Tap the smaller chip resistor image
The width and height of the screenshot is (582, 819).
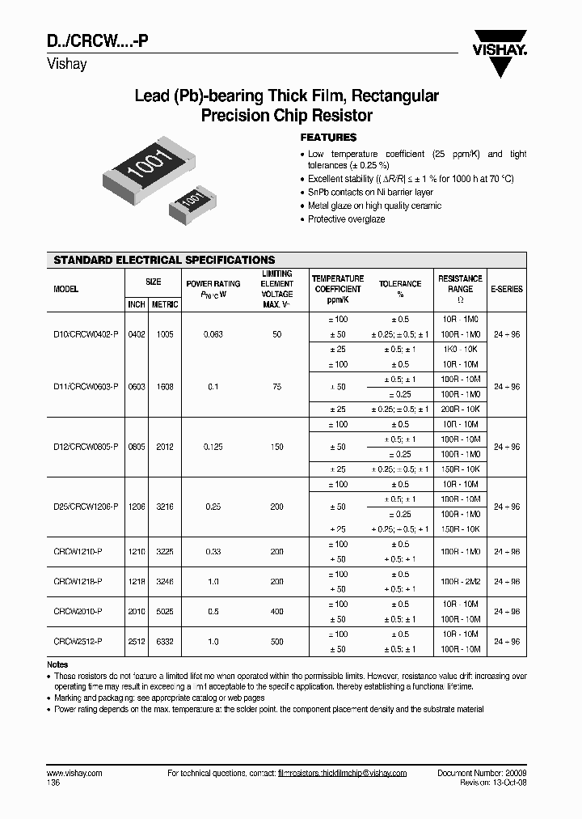tap(190, 202)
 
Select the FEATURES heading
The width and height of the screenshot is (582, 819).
tap(328, 138)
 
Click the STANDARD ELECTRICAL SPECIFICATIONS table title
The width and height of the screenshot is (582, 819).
tap(164, 260)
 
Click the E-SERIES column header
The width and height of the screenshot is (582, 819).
tap(507, 289)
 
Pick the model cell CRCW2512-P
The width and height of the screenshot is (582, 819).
tap(79, 642)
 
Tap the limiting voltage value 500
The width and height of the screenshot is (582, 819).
tap(277, 642)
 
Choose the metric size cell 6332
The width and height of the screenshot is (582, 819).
tap(165, 642)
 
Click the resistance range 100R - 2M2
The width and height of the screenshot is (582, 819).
tap(462, 582)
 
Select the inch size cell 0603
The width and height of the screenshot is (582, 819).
tap(136, 387)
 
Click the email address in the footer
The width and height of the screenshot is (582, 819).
tap(342, 774)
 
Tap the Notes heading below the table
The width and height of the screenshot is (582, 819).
tap(58, 664)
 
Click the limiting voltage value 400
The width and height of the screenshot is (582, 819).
tap(277, 612)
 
